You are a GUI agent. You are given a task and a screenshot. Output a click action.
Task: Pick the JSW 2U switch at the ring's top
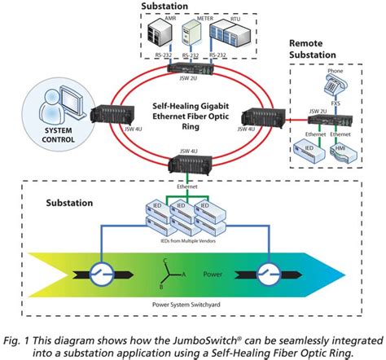pyautogui.click(x=188, y=71)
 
